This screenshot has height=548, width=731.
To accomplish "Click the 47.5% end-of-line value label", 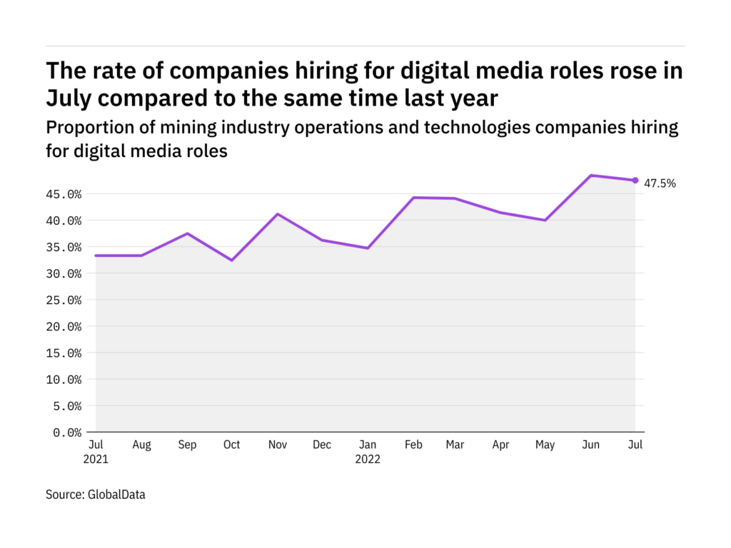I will click(x=660, y=183).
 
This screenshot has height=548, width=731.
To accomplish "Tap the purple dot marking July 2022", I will click(x=635, y=181).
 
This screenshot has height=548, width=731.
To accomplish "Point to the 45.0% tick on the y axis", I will click(x=63, y=194).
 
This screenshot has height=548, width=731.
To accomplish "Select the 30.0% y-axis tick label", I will click(x=63, y=274).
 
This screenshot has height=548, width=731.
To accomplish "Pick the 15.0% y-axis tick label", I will click(x=63, y=353).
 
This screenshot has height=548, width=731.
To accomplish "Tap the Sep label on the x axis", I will click(x=187, y=445).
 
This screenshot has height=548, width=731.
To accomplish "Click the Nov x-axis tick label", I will click(x=278, y=445).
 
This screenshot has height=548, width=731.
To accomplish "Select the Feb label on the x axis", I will click(x=413, y=445).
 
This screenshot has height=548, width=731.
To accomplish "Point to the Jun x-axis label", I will click(x=591, y=445).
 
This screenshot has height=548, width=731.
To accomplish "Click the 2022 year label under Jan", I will click(x=368, y=460).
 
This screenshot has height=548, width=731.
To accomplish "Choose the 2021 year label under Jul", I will click(x=96, y=460).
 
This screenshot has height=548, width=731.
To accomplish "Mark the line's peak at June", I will click(x=590, y=176).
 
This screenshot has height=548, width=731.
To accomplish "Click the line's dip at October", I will click(x=232, y=260).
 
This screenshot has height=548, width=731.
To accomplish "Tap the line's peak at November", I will click(x=278, y=214).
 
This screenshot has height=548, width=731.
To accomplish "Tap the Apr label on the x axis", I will click(x=501, y=445).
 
